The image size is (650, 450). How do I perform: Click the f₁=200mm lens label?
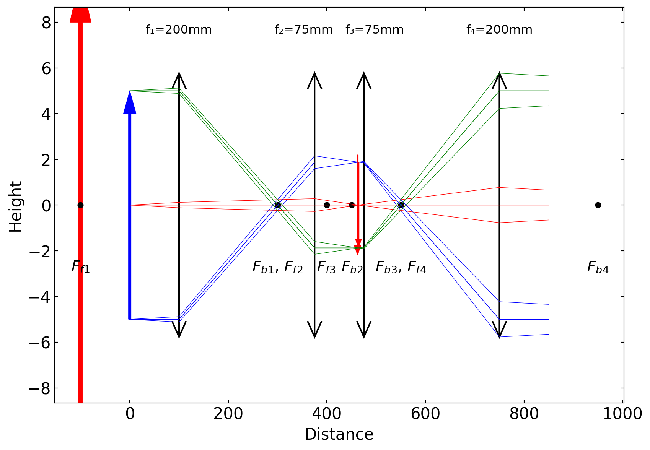click(179, 30)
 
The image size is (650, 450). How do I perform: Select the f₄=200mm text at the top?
click(499, 30)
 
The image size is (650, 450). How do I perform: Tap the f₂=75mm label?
click(304, 30)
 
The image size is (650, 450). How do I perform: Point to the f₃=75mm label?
click(375, 30)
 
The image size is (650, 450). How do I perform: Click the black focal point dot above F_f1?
click(80, 205)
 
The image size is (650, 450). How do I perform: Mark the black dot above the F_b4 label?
click(598, 205)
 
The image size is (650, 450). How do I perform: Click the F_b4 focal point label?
click(598, 267)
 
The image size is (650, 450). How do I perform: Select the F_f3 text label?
click(326, 267)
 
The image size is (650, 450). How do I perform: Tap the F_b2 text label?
click(352, 267)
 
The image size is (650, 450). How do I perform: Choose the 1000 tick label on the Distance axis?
click(622, 414)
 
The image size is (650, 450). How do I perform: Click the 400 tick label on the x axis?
click(327, 414)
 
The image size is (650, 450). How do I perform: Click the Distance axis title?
click(339, 435)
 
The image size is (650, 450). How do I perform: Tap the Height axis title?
click(16, 206)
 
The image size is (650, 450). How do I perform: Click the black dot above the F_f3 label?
click(327, 205)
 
